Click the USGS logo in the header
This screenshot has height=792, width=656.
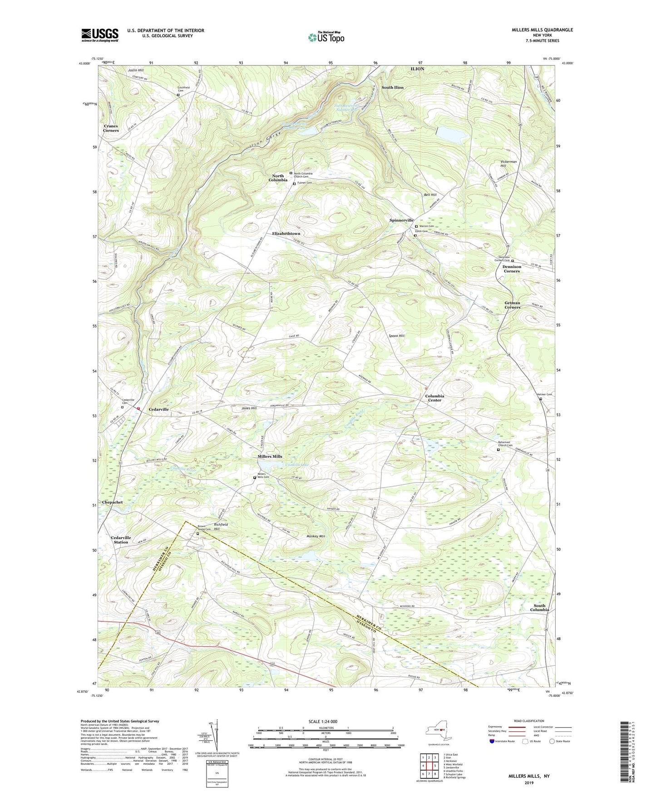pos(100,35)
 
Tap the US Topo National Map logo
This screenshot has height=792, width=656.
pos(326,37)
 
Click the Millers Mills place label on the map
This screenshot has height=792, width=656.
pos(270,456)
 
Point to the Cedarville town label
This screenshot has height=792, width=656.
pos(158,409)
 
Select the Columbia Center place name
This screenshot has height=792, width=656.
pos(434,398)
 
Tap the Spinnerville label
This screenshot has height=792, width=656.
pos(401,220)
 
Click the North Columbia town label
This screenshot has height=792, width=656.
pos(277,178)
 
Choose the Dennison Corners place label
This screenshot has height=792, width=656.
pos(512,269)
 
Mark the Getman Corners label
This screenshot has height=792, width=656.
pos(512,305)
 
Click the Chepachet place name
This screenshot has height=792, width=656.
pos(112,502)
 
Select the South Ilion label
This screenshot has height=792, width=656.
pos(392,87)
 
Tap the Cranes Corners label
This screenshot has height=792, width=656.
pos(111,128)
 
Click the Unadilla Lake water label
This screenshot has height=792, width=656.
pos(296,464)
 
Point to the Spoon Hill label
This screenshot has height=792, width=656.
pos(396,336)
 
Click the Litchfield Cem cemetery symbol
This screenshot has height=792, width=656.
pos(178,95)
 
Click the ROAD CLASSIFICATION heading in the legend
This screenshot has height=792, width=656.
pos(529,721)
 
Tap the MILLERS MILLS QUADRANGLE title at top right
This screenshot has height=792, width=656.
pos(542,30)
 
